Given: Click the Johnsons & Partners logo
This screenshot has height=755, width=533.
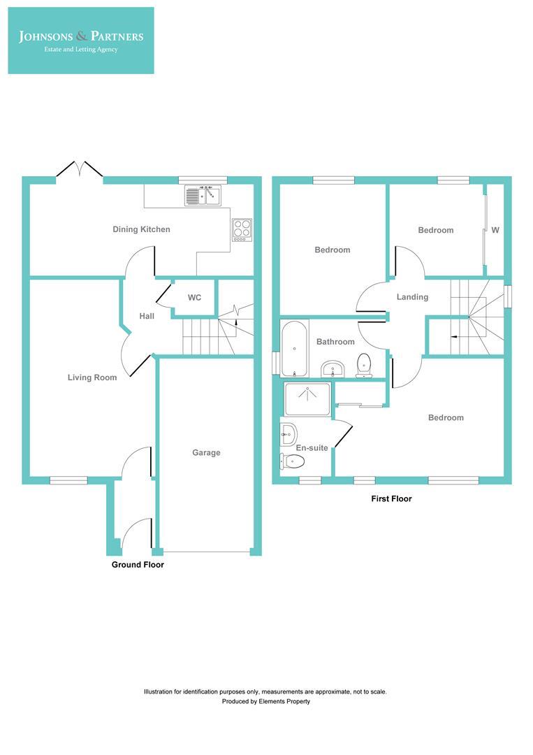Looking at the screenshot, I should pyautogui.click(x=81, y=40).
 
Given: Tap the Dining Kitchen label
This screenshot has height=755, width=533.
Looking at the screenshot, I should pyautogui.click(x=141, y=229).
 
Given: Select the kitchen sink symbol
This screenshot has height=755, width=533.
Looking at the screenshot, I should pyautogui.click(x=203, y=196).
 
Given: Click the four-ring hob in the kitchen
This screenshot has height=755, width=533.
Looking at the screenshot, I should pyautogui.click(x=242, y=229).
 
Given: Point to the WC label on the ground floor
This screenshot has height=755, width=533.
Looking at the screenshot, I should pyautogui.click(x=194, y=298).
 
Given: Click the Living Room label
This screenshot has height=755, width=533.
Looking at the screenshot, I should pyautogui.click(x=92, y=377).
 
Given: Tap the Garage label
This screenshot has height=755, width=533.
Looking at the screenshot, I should pyautogui.click(x=206, y=452).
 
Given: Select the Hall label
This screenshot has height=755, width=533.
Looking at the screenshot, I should pyautogui.click(x=147, y=316).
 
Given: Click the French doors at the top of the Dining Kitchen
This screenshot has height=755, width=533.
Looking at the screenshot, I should pyautogui.click(x=80, y=170).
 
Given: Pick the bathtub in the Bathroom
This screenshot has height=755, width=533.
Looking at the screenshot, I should pyautogui.click(x=294, y=347).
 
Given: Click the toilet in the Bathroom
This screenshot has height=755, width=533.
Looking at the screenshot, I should pyautogui.click(x=363, y=365).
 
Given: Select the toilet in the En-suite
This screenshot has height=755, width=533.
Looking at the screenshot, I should pyautogui.click(x=292, y=461).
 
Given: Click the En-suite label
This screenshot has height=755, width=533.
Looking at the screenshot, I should pyautogui.click(x=312, y=447).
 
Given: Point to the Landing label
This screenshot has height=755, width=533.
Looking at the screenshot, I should pyautogui.click(x=412, y=297).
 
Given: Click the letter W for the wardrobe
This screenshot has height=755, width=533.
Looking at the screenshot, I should pyautogui.click(x=495, y=230).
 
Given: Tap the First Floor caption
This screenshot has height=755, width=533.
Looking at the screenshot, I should pyautogui.click(x=390, y=499).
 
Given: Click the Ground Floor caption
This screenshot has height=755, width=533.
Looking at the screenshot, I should pyautogui.click(x=138, y=564).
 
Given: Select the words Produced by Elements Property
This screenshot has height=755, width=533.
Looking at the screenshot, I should pyautogui.click(x=265, y=701).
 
